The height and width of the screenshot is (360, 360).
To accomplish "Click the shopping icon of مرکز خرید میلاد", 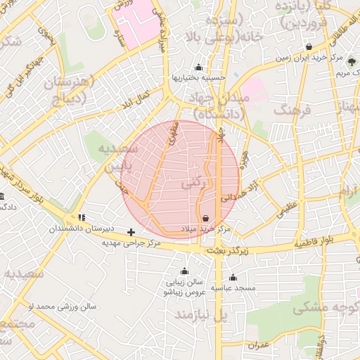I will pos(205,219).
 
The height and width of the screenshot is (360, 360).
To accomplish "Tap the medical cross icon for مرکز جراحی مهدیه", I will pos(131,231).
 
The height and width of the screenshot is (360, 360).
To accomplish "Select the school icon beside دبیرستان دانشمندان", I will pos(82,217).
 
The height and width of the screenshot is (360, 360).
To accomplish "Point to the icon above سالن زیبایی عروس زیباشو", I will pos(184,271).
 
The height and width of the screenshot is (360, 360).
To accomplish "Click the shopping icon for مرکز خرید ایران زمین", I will pos(309,46).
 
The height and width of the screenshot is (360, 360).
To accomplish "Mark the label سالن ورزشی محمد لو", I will pos(62,307).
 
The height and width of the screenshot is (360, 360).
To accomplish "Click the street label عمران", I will pos(258,345).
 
